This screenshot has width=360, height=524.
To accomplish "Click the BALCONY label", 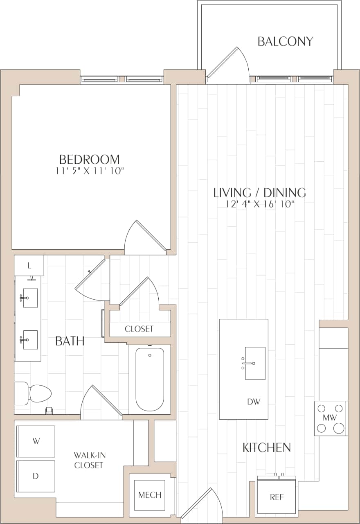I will [285, 41].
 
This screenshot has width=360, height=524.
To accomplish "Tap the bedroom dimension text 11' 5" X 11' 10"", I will [90, 171].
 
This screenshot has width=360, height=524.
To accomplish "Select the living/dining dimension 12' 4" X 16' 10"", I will [260, 204].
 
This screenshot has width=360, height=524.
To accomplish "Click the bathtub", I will [150, 379].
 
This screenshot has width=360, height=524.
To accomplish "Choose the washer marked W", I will [36, 441].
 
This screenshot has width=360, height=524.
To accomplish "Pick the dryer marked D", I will [36, 476].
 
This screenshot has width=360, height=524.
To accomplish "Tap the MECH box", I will [150, 495].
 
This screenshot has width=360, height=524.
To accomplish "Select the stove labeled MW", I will [331, 418].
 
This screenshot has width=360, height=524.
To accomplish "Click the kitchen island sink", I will [255, 363].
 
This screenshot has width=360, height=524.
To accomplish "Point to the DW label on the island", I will [254, 402].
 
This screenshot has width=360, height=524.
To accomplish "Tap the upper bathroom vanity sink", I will [29, 298].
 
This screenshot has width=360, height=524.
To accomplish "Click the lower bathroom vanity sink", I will [29, 339].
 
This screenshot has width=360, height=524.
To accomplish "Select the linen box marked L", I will [29, 266].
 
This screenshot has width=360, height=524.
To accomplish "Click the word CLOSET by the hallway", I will [139, 329].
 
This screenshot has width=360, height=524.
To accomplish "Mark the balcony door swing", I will [229, 63].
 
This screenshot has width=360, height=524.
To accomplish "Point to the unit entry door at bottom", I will [202, 504].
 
